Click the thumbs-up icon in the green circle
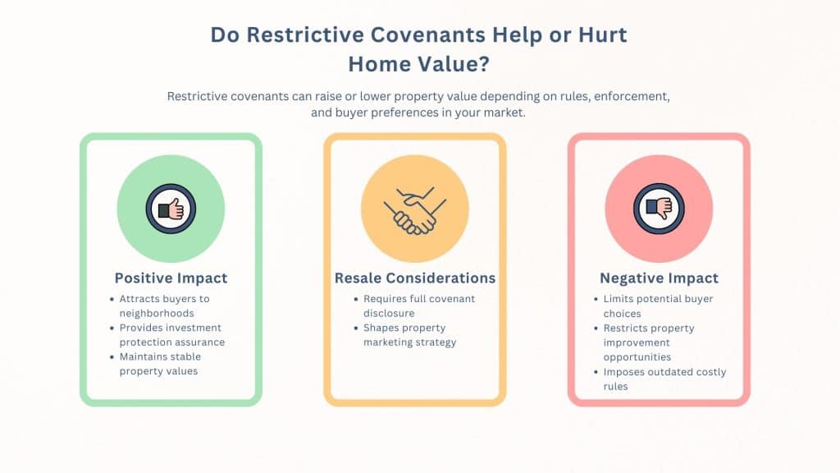[x=171, y=209]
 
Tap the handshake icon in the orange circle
[x=415, y=210]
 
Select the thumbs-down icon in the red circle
[x=659, y=209]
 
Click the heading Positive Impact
[x=171, y=278]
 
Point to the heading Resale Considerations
[x=415, y=278]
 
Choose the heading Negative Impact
[x=659, y=278]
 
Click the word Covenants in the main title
[x=428, y=34]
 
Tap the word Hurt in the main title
[x=602, y=34]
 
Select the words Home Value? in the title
[x=419, y=64]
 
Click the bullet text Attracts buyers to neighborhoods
[x=164, y=305]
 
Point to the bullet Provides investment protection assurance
[x=172, y=335]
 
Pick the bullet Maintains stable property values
[x=160, y=364]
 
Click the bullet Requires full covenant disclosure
[x=419, y=305]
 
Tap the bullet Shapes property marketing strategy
[x=410, y=335]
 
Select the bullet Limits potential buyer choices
[x=658, y=305]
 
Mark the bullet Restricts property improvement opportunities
[x=649, y=342]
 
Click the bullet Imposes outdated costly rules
[x=664, y=379]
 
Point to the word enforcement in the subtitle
[x=632, y=97]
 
